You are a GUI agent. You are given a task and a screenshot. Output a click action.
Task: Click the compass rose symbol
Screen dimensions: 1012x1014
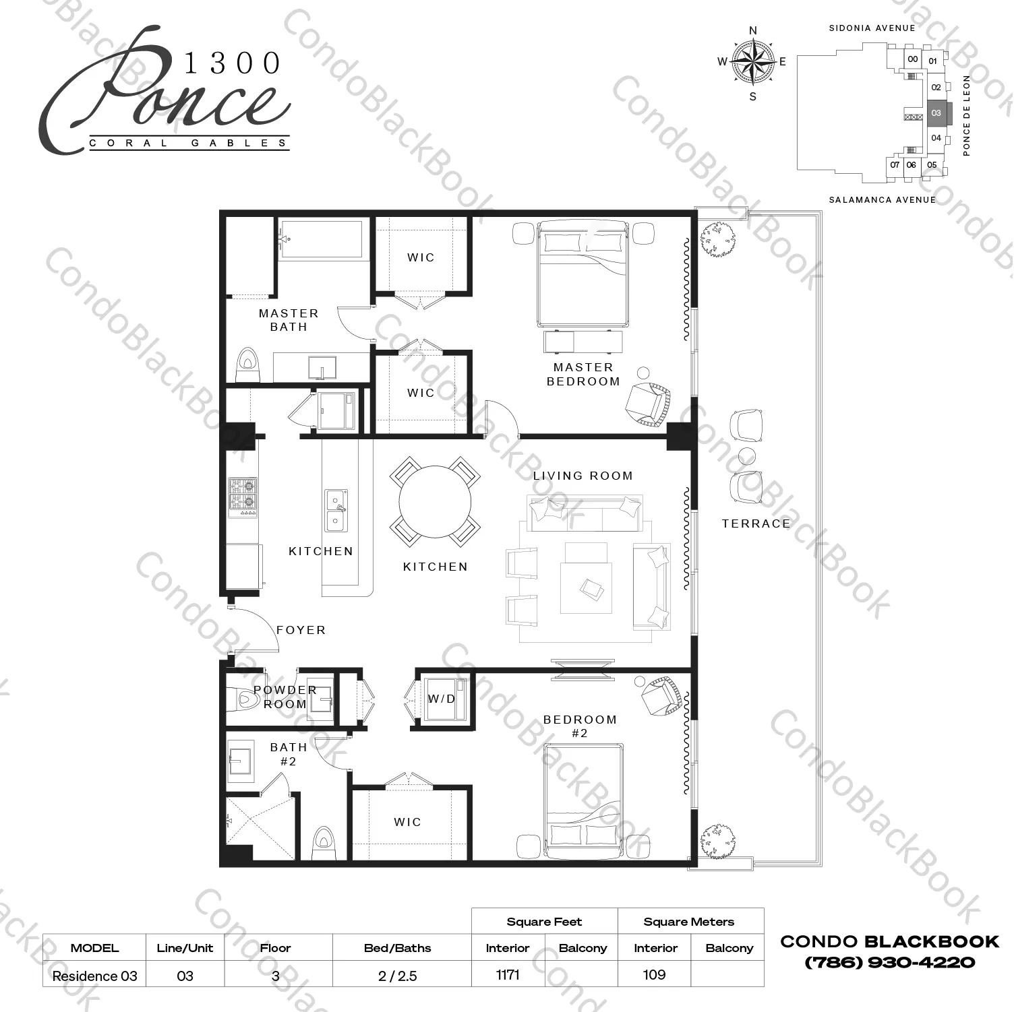pos(753,63)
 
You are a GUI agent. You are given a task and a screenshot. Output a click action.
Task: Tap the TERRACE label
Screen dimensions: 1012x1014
pos(756,524)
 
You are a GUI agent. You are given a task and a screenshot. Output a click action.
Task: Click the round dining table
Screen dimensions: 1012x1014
pos(435,502)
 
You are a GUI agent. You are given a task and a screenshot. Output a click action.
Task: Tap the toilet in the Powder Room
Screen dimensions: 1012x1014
pos(246,699)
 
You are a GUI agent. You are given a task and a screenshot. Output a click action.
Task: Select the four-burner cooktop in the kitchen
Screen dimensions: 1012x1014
pos(243,497)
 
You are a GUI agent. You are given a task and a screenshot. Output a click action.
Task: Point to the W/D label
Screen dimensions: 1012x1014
pos(442,699)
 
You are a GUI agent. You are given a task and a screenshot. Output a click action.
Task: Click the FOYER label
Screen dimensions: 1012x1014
pos(301,630)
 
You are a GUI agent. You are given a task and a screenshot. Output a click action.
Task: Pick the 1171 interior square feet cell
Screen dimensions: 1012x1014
pos(508,974)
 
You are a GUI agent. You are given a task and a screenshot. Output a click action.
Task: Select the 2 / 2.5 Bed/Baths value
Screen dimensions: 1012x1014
pos(397,976)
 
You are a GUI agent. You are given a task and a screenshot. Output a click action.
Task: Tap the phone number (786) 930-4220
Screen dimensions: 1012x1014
pos(889,962)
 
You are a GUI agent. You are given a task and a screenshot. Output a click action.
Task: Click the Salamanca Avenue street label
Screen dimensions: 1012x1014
pos(882,200)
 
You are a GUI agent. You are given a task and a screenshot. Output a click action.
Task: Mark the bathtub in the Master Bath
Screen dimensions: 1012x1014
pos(322,239)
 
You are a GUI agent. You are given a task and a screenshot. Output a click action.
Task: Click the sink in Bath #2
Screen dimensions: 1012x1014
pos(239,761)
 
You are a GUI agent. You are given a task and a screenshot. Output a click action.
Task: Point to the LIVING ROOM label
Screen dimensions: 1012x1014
pos(583,476)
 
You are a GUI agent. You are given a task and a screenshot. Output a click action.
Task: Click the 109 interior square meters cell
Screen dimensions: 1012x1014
pos(655,974)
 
